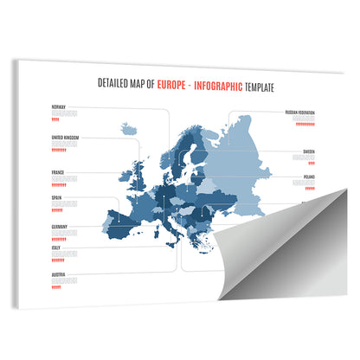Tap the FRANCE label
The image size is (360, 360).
click(58, 171)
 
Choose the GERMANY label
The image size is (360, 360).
click(60, 226)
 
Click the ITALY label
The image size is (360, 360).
click(56, 247)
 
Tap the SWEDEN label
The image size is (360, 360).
click(309, 151)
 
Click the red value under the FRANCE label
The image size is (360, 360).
click(56, 183)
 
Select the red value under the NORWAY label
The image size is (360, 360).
click(57, 119)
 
